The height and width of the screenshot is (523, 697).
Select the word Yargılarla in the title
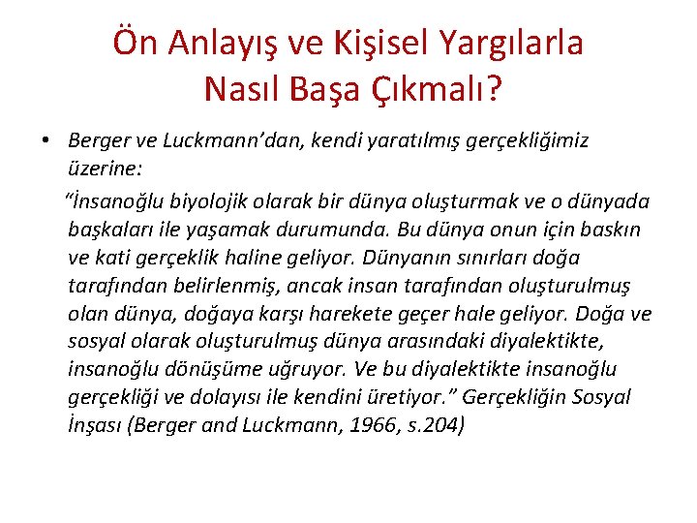pos(513,44)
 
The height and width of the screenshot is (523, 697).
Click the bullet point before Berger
pos(46,141)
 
